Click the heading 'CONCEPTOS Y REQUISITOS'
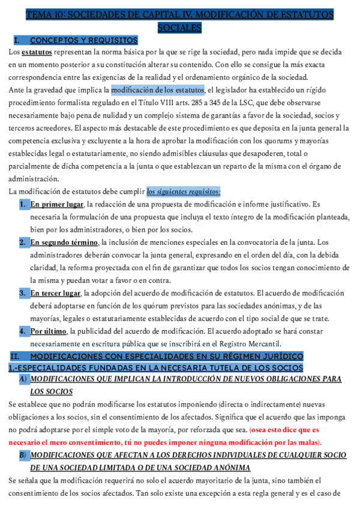[x=72, y=40]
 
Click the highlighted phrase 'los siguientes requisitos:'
[x=184, y=191]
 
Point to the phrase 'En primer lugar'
[x=58, y=205]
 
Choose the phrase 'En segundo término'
[x=64, y=242]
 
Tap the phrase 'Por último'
[x=49, y=331]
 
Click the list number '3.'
[x=22, y=293]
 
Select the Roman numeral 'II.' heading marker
[x=16, y=357]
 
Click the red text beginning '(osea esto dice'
[x=285, y=430]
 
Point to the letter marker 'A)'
[x=23, y=379]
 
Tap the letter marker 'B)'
[x=23, y=456]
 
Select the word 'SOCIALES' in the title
[x=179, y=28]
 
